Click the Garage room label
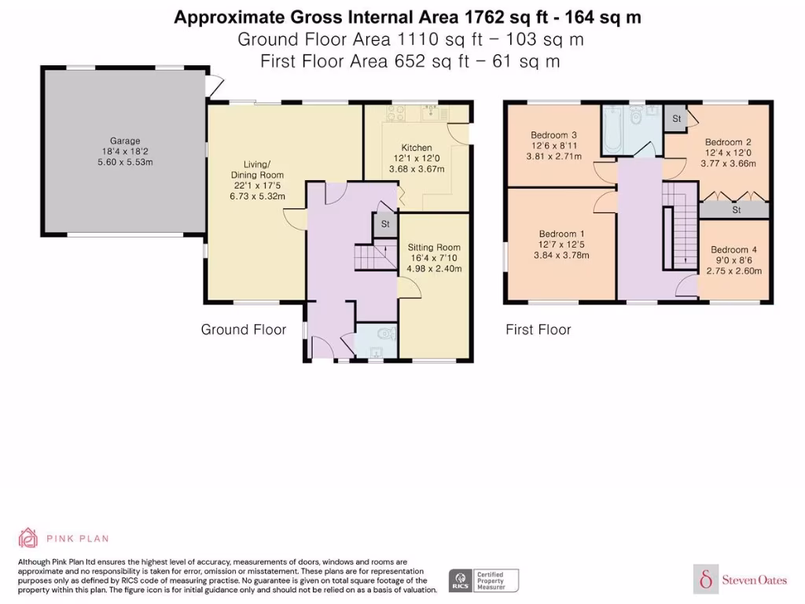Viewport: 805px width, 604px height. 125,141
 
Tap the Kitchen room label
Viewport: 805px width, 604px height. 417,147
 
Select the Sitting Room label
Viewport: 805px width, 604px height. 434,247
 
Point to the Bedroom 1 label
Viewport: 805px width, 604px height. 561,234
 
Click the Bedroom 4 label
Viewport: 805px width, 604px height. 733,249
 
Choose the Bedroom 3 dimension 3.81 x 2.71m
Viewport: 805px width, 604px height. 554,157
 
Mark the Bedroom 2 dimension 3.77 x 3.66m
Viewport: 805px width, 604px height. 728,164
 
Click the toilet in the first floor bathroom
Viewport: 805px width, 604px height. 637,116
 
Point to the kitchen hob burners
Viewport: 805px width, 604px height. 396,113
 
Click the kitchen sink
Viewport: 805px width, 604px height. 430,112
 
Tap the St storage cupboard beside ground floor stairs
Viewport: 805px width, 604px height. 385,224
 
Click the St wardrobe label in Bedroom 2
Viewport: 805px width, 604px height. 736,210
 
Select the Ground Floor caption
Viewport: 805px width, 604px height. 244,330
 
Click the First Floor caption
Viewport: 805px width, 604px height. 538,330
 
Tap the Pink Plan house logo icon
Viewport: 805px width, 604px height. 28,538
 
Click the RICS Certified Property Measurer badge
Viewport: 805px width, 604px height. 483,581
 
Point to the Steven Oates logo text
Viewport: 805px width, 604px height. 754,580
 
